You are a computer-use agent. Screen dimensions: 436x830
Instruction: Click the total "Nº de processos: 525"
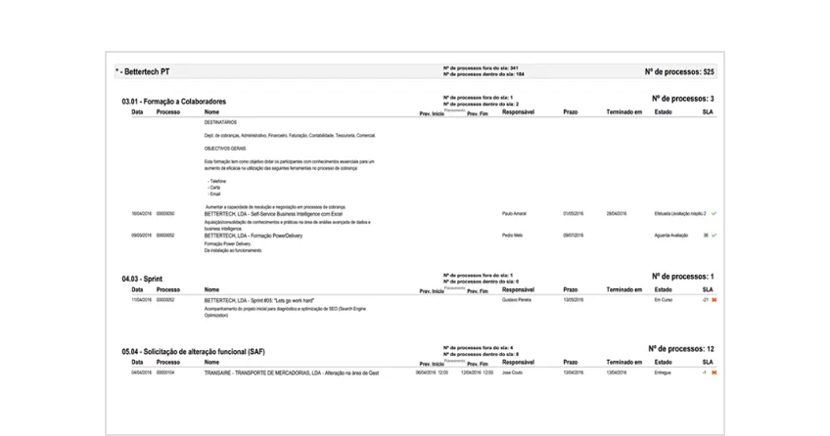(679, 72)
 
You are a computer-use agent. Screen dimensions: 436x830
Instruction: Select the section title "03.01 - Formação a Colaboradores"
(173, 102)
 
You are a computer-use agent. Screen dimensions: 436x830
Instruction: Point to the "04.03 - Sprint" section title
(143, 279)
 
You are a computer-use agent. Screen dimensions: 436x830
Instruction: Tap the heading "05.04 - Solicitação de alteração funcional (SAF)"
(194, 351)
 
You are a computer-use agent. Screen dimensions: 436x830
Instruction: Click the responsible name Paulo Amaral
(515, 213)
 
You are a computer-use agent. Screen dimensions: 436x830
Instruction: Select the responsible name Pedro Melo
(513, 236)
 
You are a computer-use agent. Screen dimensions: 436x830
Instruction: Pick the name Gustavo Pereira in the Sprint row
(516, 300)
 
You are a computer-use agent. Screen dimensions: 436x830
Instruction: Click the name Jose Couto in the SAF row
(513, 372)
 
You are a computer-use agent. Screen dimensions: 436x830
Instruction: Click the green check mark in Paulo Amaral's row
(715, 213)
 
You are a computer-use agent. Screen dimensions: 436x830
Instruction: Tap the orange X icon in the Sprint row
(715, 300)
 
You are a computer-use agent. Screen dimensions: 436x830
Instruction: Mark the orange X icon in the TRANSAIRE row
(715, 372)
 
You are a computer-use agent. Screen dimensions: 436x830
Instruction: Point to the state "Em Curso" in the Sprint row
(665, 300)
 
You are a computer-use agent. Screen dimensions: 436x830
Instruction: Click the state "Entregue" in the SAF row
(663, 372)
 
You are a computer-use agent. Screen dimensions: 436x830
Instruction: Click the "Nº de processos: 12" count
(681, 349)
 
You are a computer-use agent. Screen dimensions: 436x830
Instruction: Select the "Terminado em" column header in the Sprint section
(623, 290)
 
